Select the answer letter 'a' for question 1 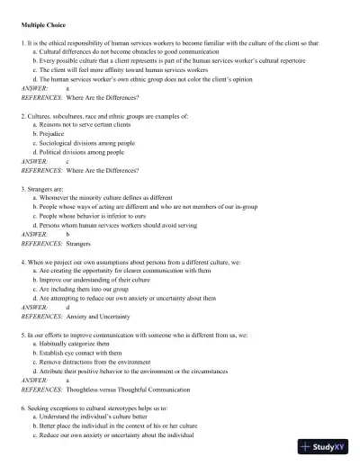click(67, 87)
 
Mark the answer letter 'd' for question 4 click(67, 307)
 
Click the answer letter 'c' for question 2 click(67, 161)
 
